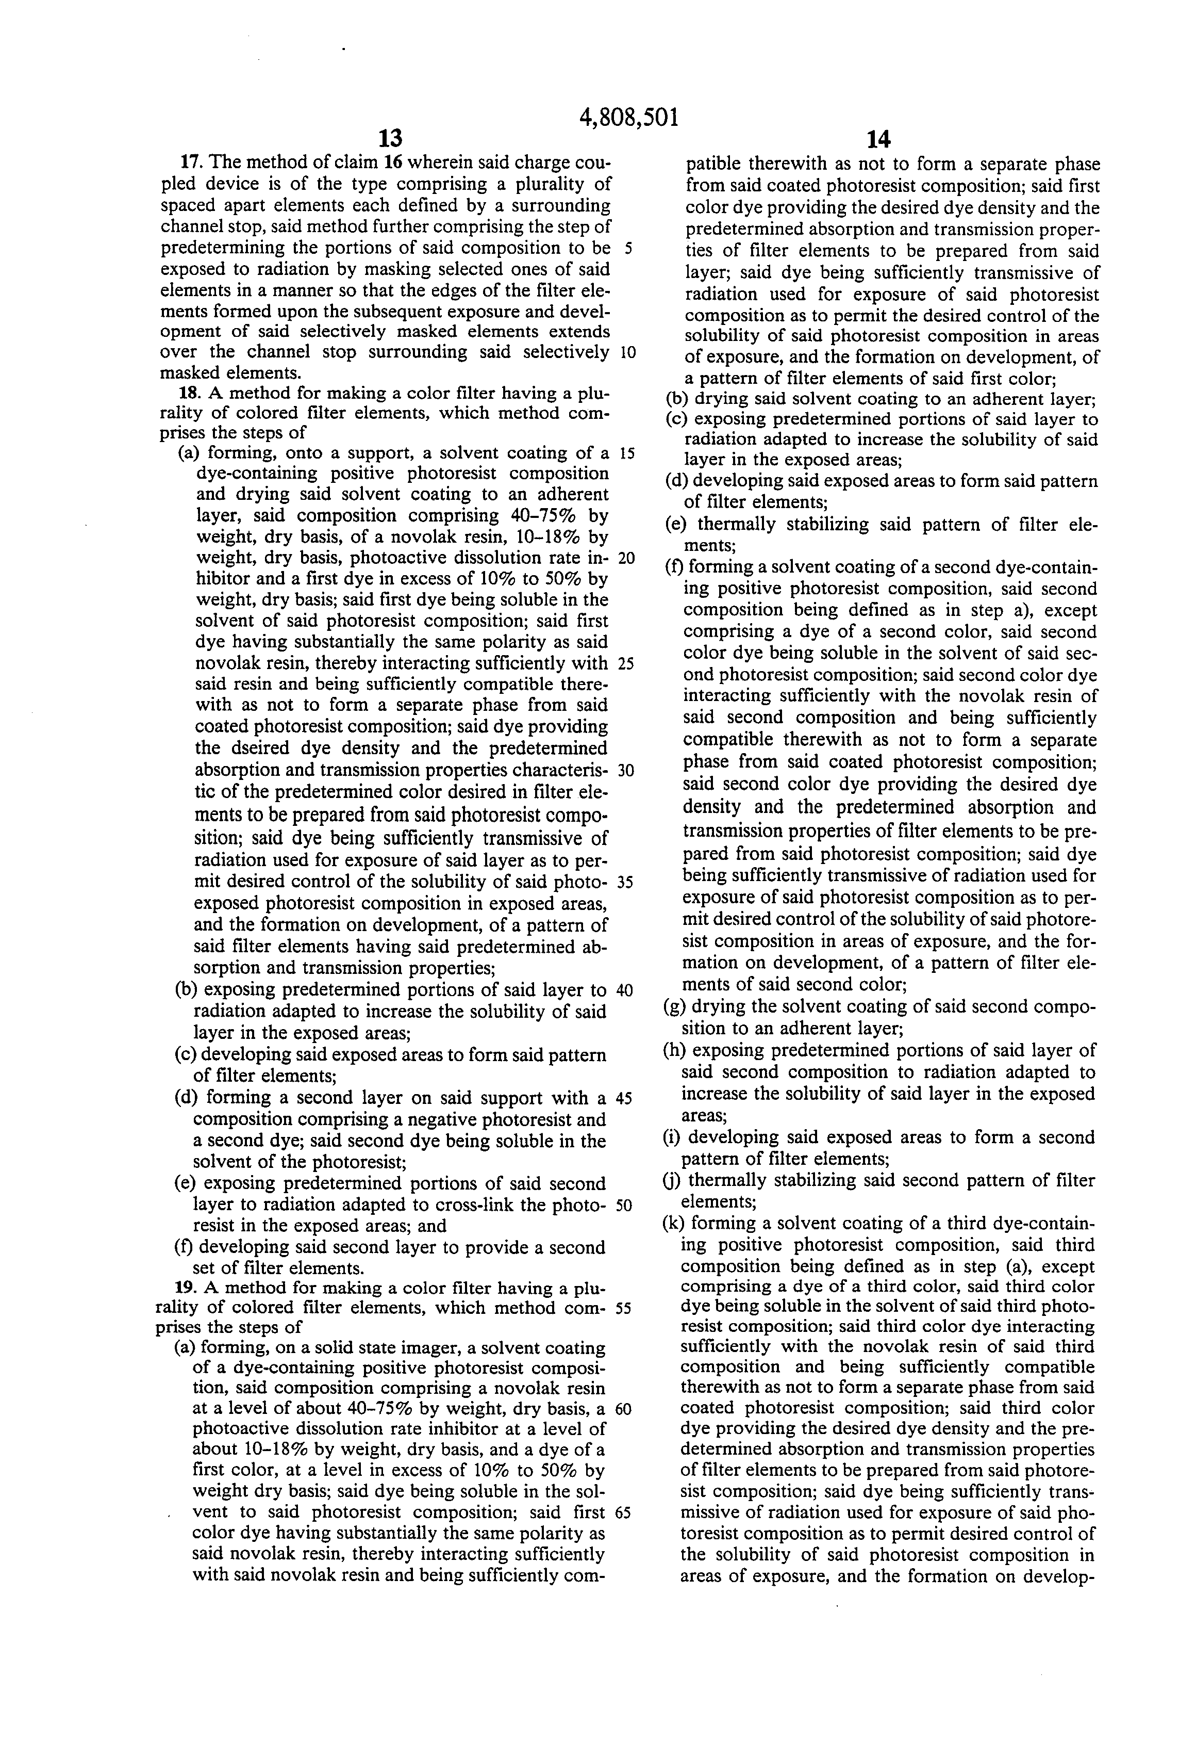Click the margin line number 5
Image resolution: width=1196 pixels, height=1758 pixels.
(x=628, y=248)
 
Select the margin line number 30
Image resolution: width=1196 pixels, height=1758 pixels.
(x=626, y=770)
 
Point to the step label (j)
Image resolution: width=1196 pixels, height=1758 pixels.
(x=674, y=1180)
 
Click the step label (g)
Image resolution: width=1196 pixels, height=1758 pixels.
(x=675, y=1007)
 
